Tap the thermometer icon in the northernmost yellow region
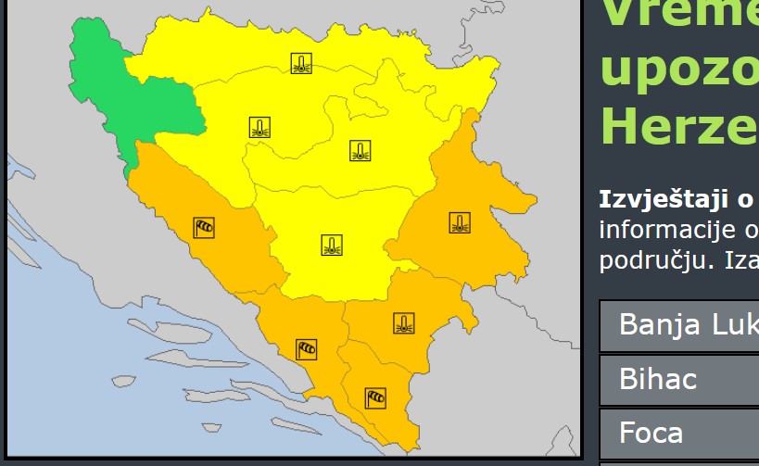[x=300, y=64]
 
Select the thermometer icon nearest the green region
[x=260, y=128]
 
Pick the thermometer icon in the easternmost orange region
[x=460, y=223]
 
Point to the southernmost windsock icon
[x=375, y=398]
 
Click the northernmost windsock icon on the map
[x=204, y=227]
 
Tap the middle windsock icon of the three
[x=307, y=349]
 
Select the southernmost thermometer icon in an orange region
[x=403, y=323]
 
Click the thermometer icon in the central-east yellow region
[x=361, y=151]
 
